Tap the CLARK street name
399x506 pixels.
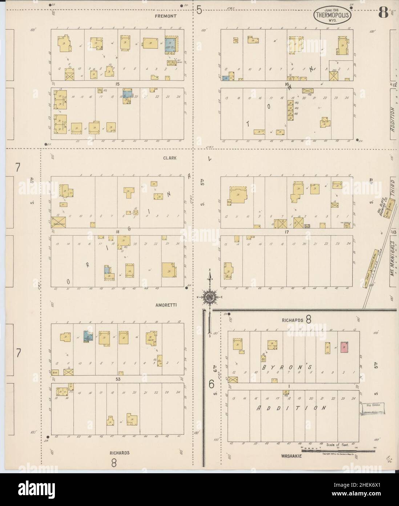(170, 158)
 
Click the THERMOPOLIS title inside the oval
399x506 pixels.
(328, 15)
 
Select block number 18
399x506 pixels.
(117, 232)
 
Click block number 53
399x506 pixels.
(117, 379)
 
